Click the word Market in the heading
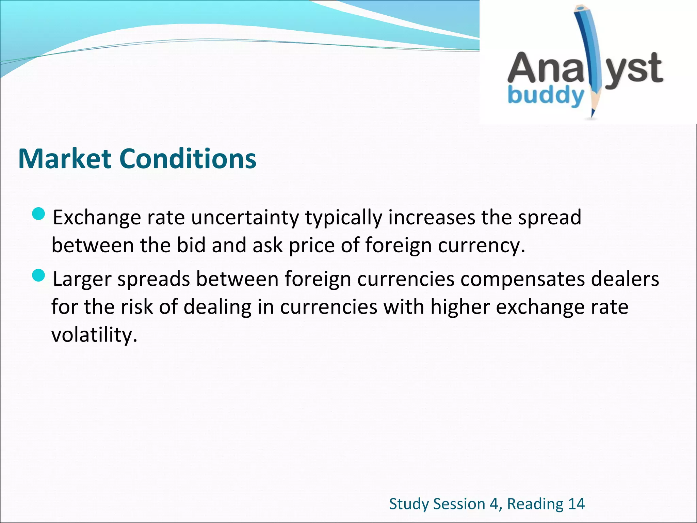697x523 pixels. click(65, 159)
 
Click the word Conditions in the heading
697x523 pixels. click(188, 159)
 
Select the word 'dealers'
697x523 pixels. click(625, 279)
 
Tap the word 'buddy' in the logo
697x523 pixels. click(545, 96)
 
